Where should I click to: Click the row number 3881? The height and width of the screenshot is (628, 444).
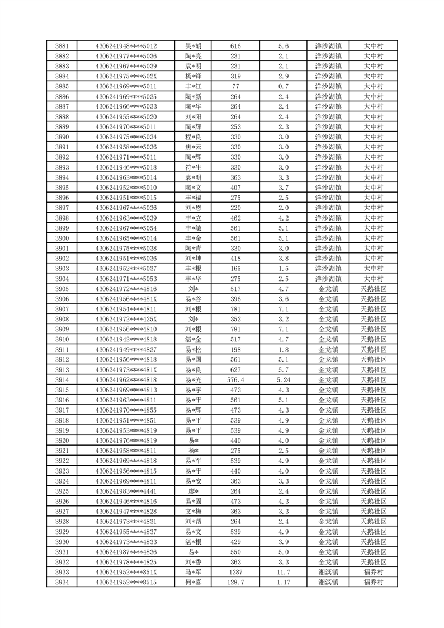pos(62,46)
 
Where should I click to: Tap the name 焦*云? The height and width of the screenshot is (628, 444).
pos(193,147)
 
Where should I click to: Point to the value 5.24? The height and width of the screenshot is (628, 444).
pos(283,380)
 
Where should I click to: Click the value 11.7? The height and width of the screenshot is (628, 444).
pos(283,572)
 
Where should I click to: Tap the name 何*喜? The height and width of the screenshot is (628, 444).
pos(193,582)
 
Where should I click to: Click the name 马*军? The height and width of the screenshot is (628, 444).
pos(193,572)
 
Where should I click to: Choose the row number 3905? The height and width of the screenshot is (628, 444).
pos(62,289)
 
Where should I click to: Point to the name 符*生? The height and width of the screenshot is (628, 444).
pos(193,167)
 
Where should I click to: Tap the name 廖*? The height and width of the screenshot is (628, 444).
pos(193,491)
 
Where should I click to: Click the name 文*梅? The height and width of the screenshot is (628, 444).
pos(193,511)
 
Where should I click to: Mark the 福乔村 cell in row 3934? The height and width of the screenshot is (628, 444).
pos(373,582)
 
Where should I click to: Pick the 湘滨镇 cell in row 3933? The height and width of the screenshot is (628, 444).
pos(328,572)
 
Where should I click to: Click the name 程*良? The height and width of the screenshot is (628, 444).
pos(193,137)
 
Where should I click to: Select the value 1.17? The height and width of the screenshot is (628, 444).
pos(283,582)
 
